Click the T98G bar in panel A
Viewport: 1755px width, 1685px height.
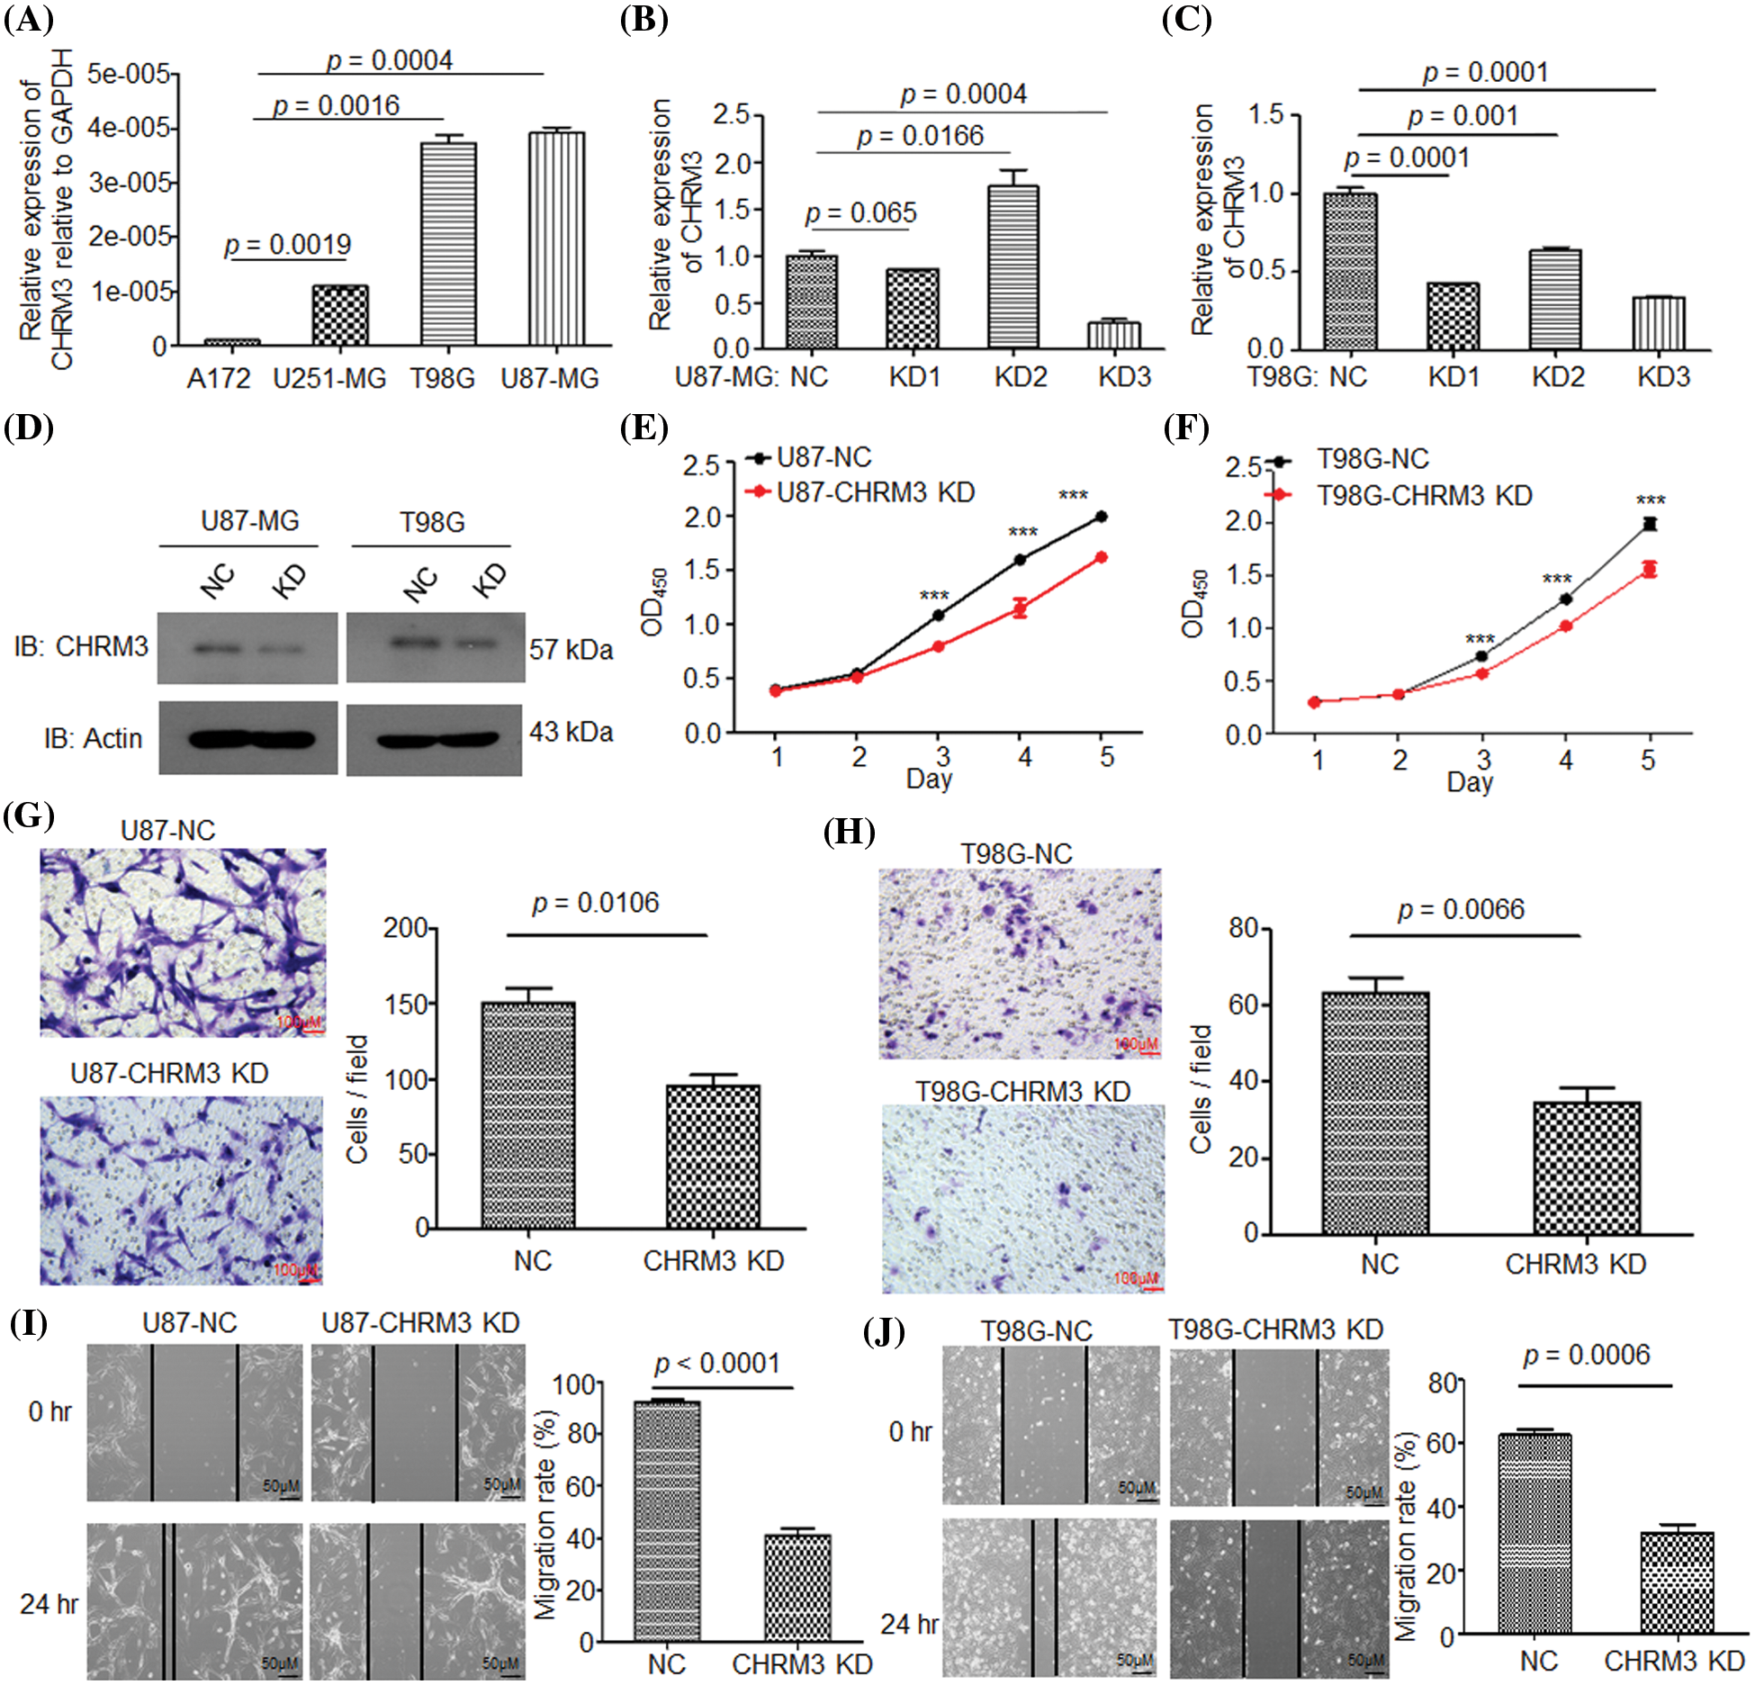[x=448, y=243]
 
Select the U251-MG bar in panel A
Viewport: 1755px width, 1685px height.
[x=340, y=315]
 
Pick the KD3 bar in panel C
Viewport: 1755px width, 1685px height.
[x=1658, y=323]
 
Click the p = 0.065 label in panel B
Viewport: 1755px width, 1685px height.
[x=860, y=213]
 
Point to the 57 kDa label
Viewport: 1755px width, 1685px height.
[x=571, y=649]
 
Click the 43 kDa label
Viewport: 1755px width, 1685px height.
[x=571, y=732]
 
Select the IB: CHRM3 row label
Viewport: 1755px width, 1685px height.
[x=81, y=646]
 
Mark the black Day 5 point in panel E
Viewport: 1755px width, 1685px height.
[x=1102, y=517]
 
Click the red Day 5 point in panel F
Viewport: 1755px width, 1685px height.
[x=1649, y=569]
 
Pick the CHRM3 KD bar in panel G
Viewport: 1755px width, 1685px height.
[x=713, y=1157]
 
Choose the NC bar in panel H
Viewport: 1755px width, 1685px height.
[x=1375, y=1113]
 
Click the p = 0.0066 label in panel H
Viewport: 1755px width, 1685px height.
[x=1461, y=909]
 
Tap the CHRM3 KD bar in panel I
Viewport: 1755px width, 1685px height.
[x=797, y=1588]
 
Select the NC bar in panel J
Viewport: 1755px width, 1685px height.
[x=1534, y=1534]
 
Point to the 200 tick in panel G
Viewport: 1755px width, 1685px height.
[x=405, y=928]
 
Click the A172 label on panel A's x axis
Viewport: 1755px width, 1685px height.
[x=219, y=379]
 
